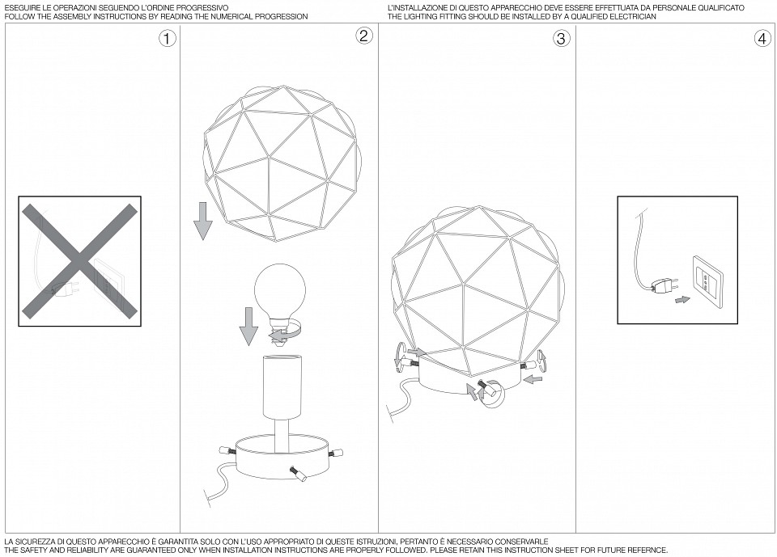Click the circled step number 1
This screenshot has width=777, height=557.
pyautogui.click(x=168, y=39)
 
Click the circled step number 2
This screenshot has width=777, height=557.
pyautogui.click(x=364, y=35)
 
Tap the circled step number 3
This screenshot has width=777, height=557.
pyautogui.click(x=561, y=39)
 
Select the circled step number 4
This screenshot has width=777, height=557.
pyautogui.click(x=762, y=39)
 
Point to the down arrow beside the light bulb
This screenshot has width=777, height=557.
pyautogui.click(x=248, y=327)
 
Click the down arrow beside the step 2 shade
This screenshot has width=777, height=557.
pyautogui.click(x=202, y=221)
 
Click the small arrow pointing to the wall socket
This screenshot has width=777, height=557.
pyautogui.click(x=682, y=300)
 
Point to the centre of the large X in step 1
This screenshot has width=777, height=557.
pyautogui.click(x=79, y=261)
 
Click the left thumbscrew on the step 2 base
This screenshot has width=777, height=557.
pyautogui.click(x=227, y=449)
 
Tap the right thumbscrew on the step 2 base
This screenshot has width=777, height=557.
pyautogui.click(x=338, y=451)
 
